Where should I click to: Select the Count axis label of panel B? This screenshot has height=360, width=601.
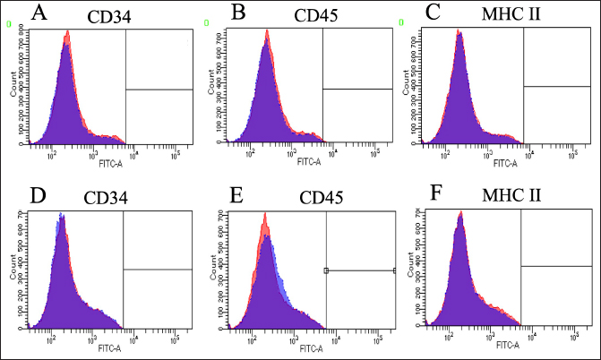(210, 87)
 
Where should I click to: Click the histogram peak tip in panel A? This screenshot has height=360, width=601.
(67, 33)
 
